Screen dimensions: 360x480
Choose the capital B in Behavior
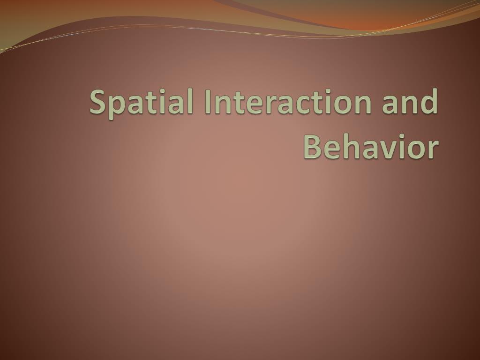click(x=314, y=147)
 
